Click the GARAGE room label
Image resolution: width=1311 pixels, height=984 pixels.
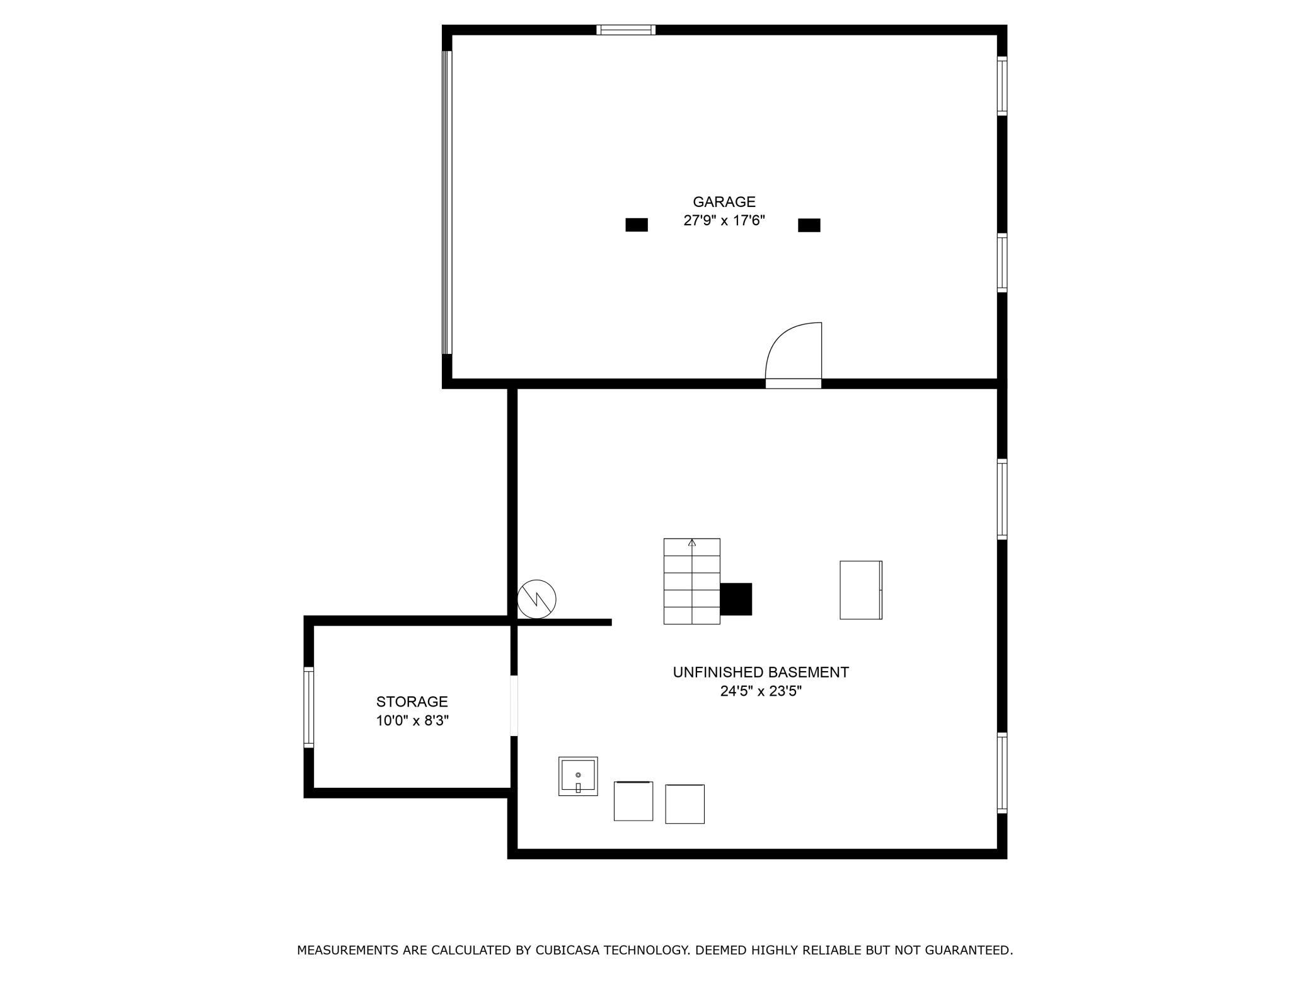coord(724,202)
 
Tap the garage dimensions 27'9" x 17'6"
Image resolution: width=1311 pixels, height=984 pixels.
coord(724,221)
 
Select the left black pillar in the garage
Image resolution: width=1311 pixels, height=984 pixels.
coord(636,225)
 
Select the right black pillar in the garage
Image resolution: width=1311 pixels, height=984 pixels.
coord(809,225)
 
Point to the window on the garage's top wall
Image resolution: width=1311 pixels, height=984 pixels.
coord(626,30)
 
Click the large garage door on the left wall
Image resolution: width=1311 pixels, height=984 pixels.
coord(447,202)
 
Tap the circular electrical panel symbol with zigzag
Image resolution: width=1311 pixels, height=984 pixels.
coord(536,599)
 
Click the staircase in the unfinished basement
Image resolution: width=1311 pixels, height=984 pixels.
coord(691,582)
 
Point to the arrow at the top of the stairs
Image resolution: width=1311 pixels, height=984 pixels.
coord(692,542)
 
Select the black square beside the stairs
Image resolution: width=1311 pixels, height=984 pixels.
coord(736,599)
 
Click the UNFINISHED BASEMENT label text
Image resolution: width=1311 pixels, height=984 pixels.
coord(761,672)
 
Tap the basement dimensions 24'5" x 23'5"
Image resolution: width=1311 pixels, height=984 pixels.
coord(761,691)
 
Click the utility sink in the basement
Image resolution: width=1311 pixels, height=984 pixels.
coord(577,776)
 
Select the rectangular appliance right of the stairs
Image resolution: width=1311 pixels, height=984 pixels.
coord(860,590)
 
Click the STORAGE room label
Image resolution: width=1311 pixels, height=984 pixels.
coord(412,701)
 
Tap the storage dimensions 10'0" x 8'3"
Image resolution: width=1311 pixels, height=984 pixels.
coord(412,720)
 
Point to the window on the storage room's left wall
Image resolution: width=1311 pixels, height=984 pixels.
coord(309,707)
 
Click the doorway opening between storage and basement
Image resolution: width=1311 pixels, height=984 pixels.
coord(514,705)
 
